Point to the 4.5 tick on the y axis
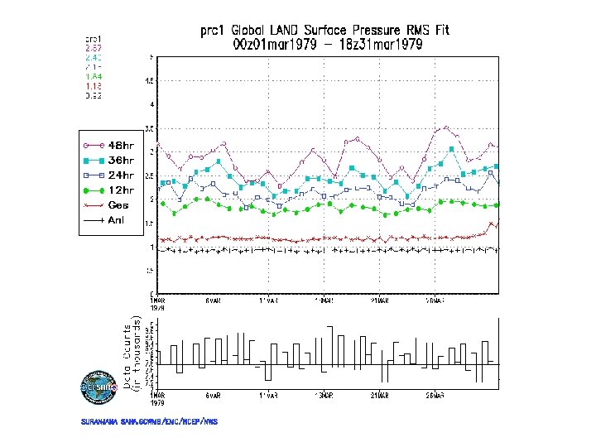click(149, 81)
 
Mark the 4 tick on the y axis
click(151, 105)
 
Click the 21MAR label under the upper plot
click(379, 301)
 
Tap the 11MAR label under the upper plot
click(267, 301)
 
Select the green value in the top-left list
click(94, 76)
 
